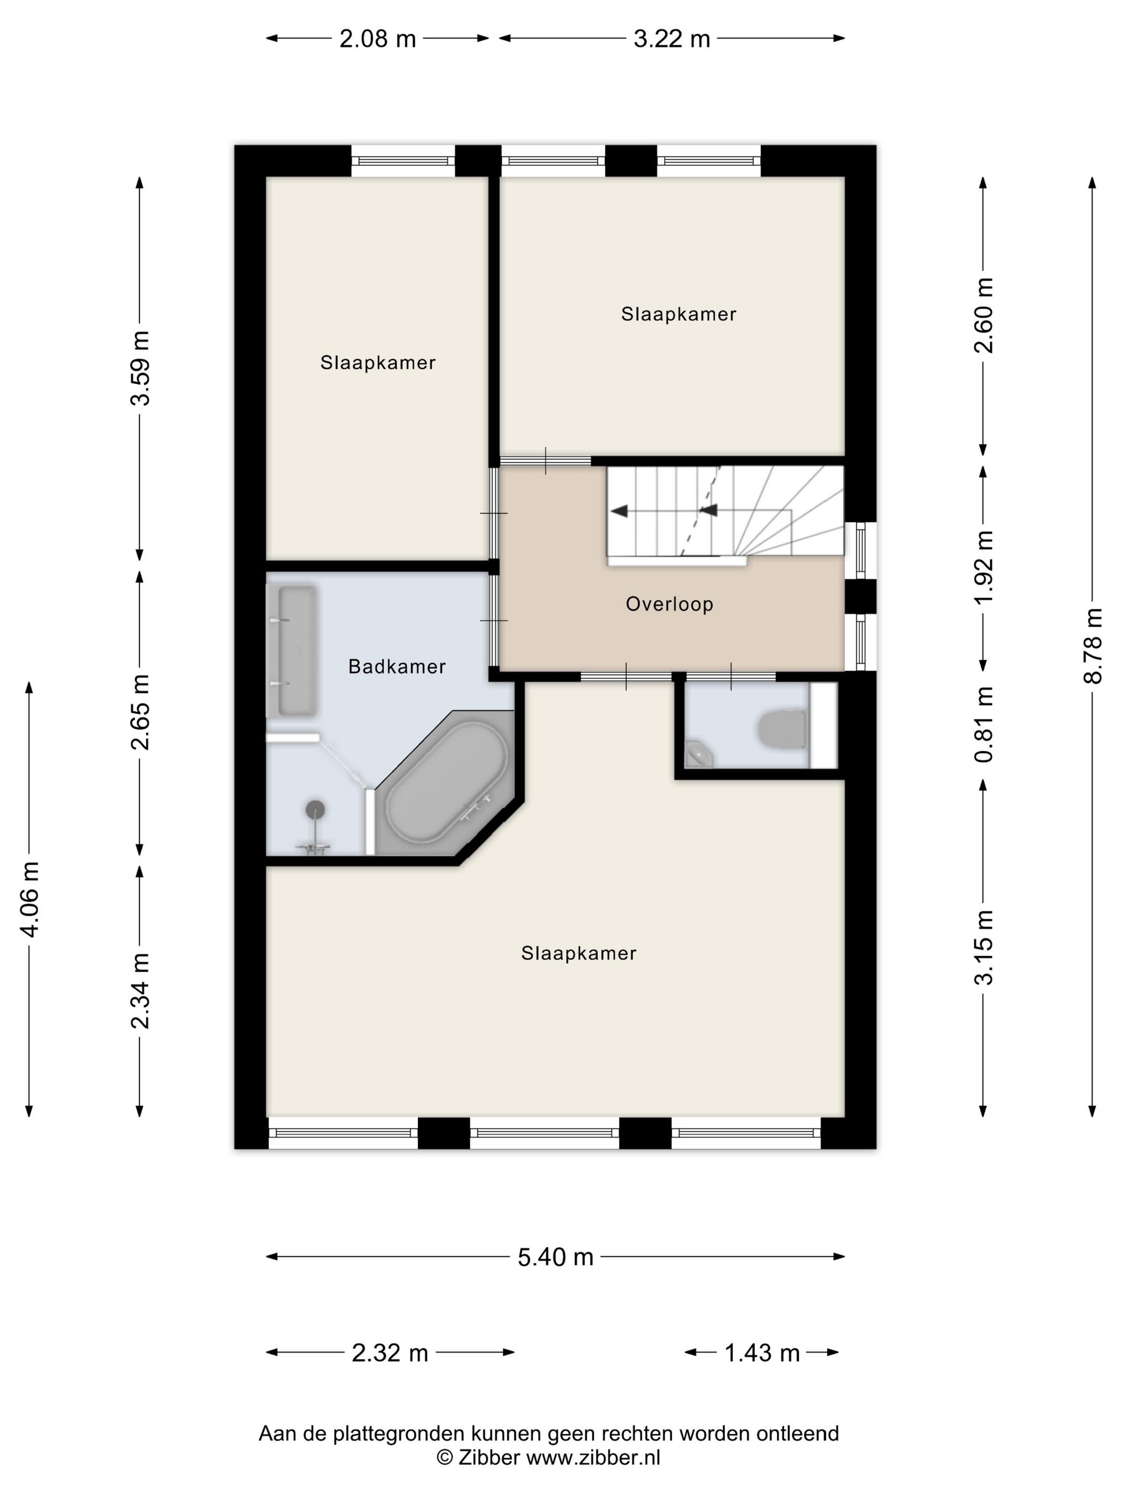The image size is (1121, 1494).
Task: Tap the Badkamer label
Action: [x=397, y=666]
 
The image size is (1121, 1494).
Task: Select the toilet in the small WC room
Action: [x=783, y=729]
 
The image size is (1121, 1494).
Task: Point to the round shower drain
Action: [x=315, y=808]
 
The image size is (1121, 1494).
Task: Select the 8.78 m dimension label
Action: [x=1093, y=646]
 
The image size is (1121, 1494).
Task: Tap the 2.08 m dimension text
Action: [x=377, y=39]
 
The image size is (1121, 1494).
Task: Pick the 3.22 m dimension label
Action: [x=672, y=39]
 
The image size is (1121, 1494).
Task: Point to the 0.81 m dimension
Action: [x=984, y=724]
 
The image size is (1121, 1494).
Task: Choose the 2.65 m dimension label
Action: [x=140, y=712]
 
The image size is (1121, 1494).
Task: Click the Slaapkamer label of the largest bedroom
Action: [x=579, y=953]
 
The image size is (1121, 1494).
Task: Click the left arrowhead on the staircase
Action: [x=619, y=511]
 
